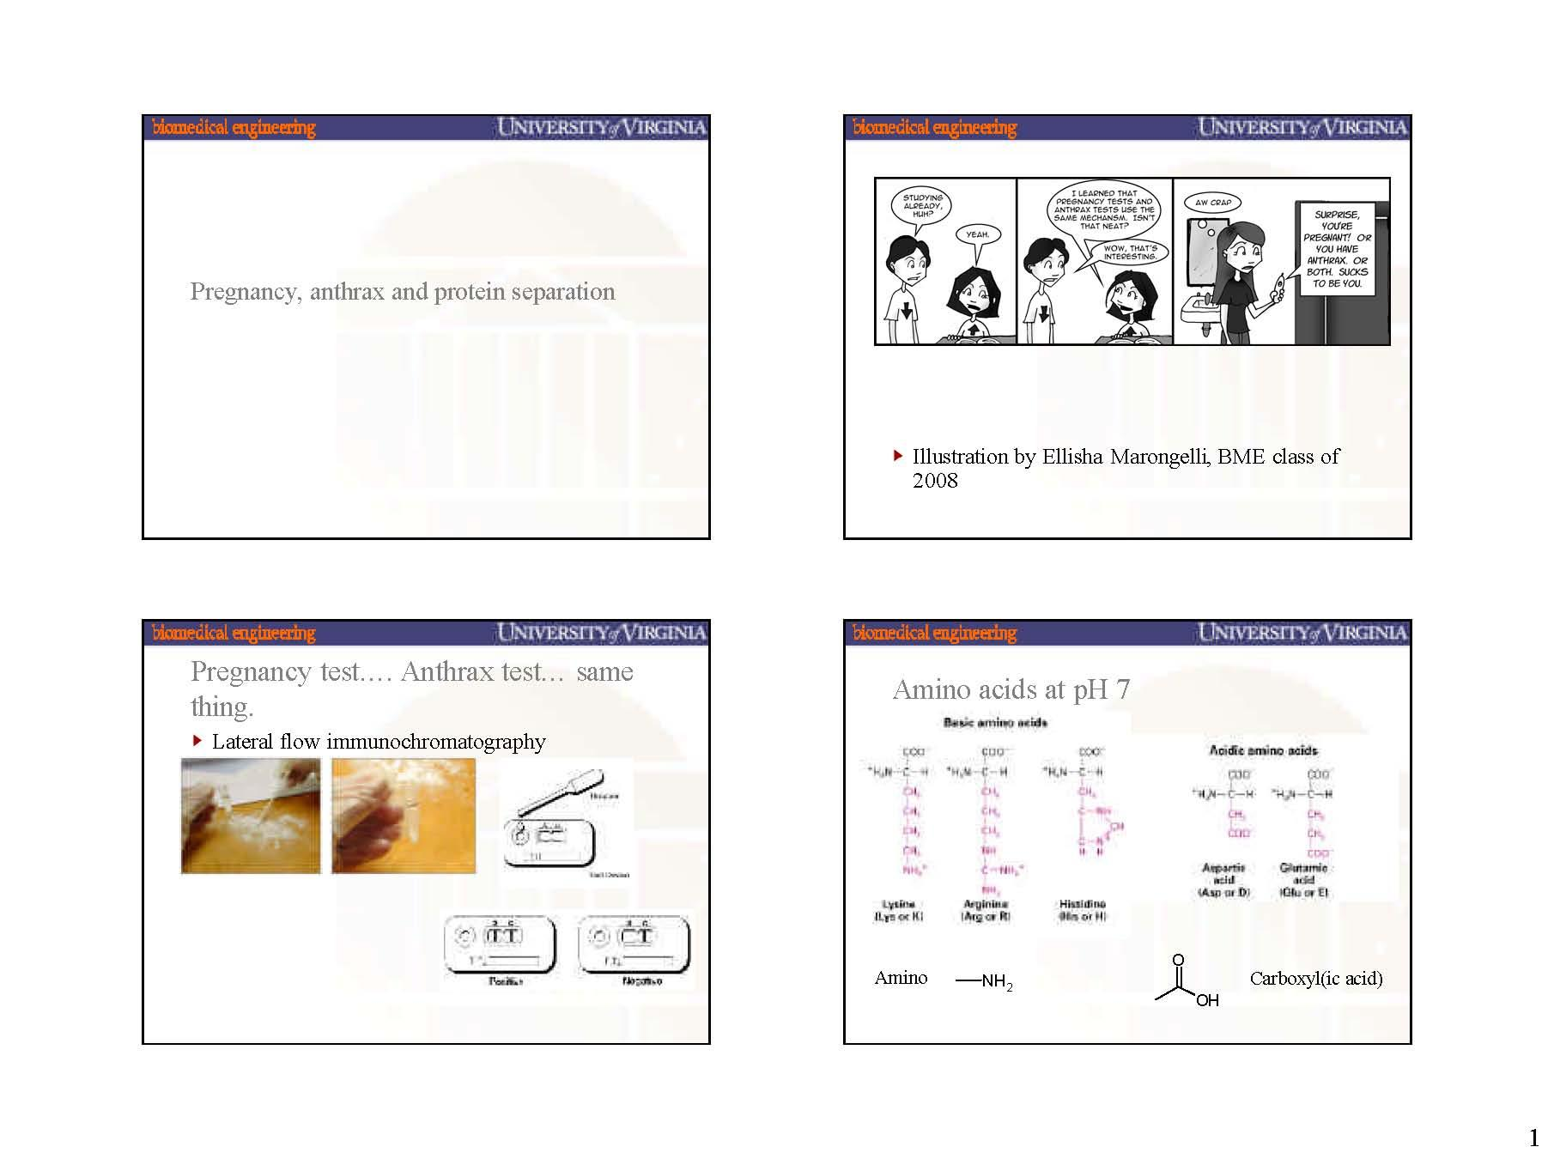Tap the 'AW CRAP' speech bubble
click(x=1213, y=203)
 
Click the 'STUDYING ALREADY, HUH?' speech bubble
click(x=921, y=206)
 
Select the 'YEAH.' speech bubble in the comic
click(x=977, y=234)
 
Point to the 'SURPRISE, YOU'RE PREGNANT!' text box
click(x=1337, y=248)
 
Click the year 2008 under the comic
click(x=934, y=481)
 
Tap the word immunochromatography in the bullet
click(x=435, y=742)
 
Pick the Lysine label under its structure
click(x=898, y=910)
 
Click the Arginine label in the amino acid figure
click(x=985, y=910)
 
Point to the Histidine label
click(x=1082, y=910)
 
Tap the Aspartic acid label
click(x=1223, y=880)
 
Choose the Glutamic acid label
click(x=1303, y=880)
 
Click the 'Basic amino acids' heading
click(x=995, y=723)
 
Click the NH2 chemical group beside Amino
click(x=997, y=982)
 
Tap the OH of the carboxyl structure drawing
click(x=1206, y=1000)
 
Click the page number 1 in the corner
click(x=1533, y=1139)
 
